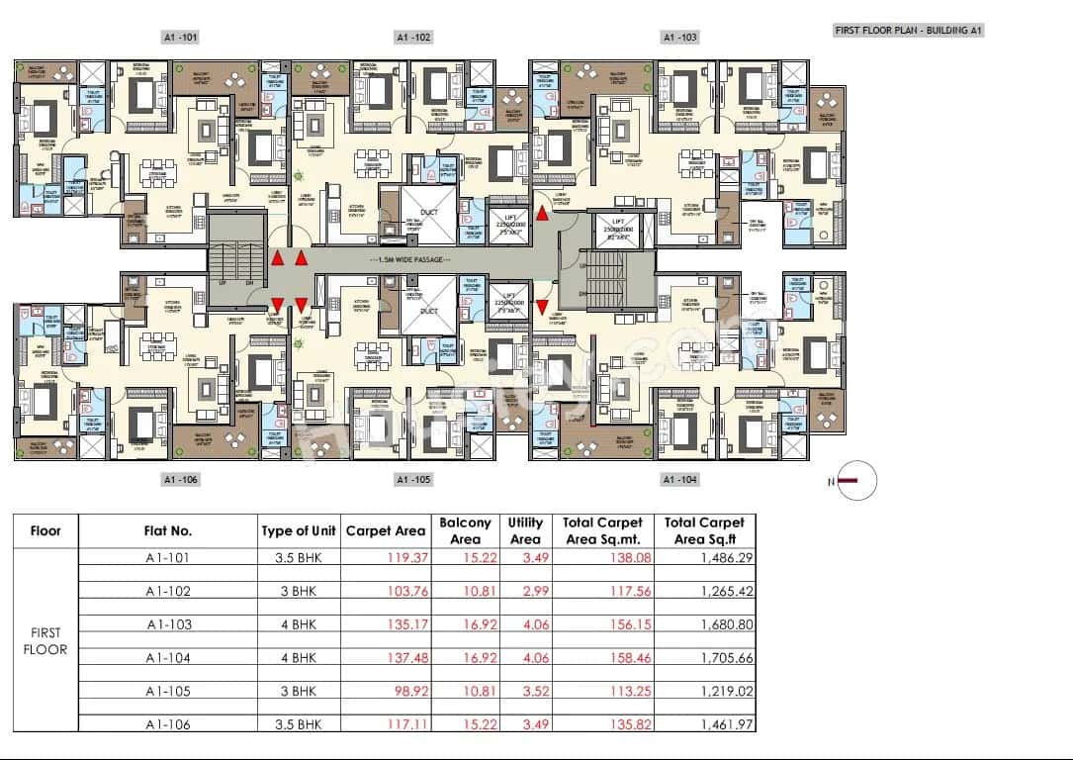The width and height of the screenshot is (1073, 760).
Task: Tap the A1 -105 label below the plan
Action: tap(413, 479)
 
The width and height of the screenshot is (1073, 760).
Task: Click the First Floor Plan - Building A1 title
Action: tap(908, 31)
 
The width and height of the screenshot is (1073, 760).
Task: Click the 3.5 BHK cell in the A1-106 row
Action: tap(298, 724)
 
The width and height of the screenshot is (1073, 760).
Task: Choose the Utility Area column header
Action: tap(525, 530)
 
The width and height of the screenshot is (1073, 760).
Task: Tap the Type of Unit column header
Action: tap(299, 530)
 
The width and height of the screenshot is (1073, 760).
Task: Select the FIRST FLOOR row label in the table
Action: tap(45, 641)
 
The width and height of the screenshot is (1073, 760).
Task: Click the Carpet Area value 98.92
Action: tap(407, 692)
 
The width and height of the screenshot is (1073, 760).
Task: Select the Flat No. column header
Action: tap(168, 530)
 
